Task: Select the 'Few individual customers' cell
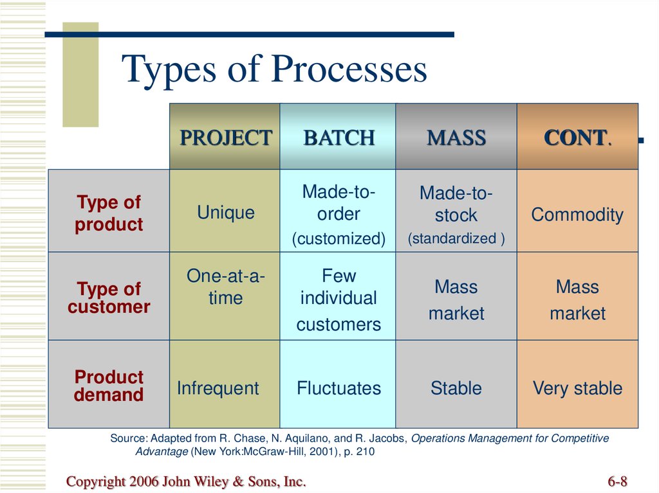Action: click(338, 296)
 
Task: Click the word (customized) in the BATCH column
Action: click(339, 238)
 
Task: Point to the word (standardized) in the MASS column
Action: click(456, 238)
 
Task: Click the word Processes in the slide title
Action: click(349, 68)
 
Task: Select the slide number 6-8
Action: click(617, 481)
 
